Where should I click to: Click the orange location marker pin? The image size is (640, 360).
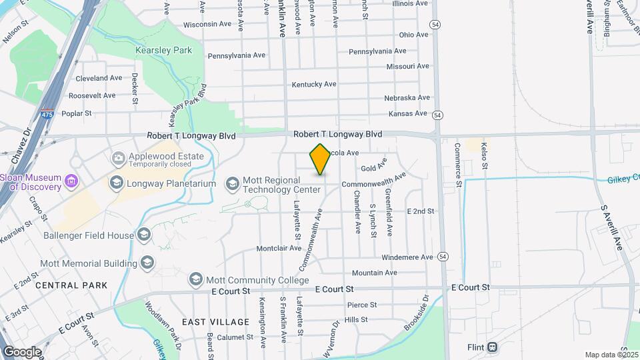[320, 159]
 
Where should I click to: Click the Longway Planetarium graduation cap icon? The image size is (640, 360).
[115, 183]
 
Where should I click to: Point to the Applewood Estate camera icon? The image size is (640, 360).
[118, 158]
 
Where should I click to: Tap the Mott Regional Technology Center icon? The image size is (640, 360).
[232, 183]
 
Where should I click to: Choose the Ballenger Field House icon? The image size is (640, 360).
[144, 235]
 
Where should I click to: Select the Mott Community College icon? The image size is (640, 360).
[195, 278]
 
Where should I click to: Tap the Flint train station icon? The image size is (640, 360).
[492, 347]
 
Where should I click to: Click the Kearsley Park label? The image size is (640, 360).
[163, 50]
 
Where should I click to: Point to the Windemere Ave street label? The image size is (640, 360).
[407, 257]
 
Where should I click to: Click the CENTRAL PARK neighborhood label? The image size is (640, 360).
[71, 285]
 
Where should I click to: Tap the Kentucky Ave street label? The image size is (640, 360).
[314, 85]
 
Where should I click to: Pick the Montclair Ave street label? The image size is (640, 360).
[279, 248]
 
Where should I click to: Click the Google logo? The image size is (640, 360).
[22, 351]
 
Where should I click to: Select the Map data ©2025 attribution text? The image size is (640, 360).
[610, 355]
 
